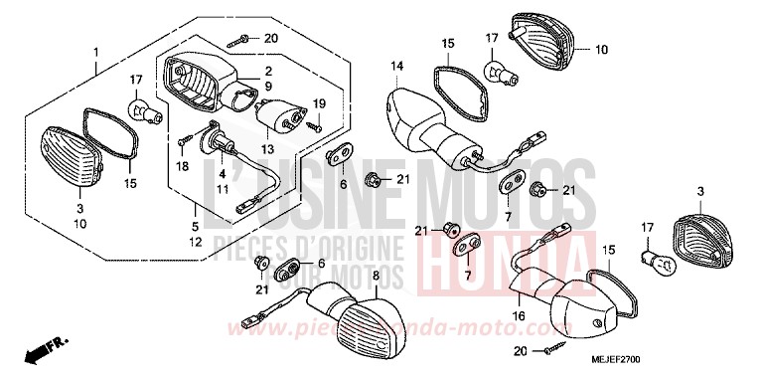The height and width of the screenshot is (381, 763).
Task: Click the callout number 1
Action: (96, 51)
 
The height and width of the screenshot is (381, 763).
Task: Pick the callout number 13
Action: (266, 148)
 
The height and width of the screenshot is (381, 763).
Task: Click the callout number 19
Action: (319, 103)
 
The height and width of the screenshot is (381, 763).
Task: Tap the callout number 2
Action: (266, 71)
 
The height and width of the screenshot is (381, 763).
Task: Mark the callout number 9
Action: (266, 87)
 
